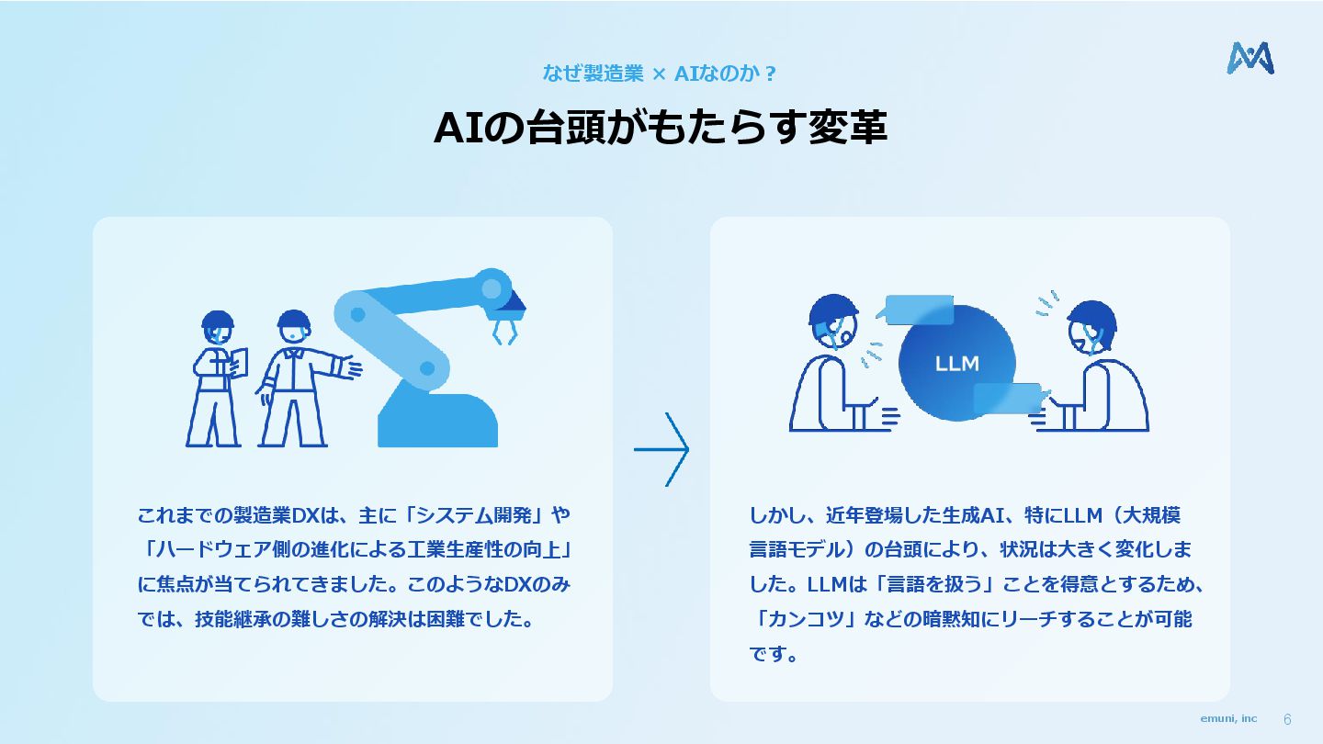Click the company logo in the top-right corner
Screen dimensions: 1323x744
[1249, 58]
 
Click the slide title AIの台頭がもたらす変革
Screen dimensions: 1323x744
[660, 129]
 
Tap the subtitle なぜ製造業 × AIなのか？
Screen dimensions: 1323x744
[660, 73]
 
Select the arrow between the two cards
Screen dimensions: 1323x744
[661, 449]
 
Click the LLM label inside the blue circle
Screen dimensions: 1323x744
[956, 364]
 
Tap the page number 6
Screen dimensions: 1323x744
[1287, 719]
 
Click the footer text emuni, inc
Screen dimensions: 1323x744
[1228, 718]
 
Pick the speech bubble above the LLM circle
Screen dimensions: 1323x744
[918, 310]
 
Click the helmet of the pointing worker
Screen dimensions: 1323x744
[293, 320]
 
